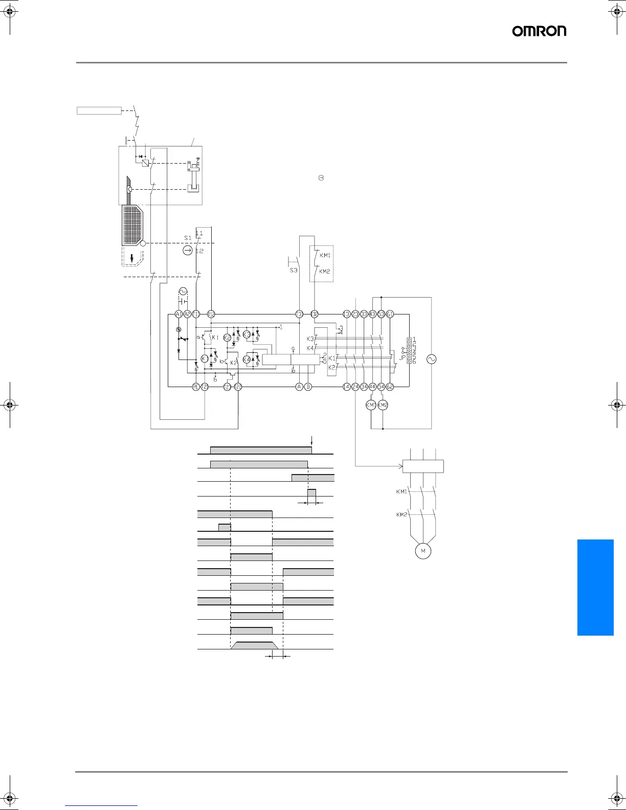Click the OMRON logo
[539, 31]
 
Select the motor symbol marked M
[423, 551]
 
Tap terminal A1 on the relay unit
[178, 314]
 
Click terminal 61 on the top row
[390, 314]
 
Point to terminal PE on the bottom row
[195, 387]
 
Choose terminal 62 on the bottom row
[390, 387]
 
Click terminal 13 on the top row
[346, 314]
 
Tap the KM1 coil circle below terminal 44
[371, 405]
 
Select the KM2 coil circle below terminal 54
[383, 405]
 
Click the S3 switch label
[294, 270]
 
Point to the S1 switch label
[188, 238]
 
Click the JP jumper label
[402, 357]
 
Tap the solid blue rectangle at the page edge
[595, 587]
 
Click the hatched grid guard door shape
[133, 225]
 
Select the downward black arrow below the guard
[132, 258]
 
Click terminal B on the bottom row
[308, 387]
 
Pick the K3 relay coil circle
[247, 334]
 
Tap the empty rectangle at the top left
[99, 110]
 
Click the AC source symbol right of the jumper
[431, 359]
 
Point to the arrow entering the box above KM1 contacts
[400, 466]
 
